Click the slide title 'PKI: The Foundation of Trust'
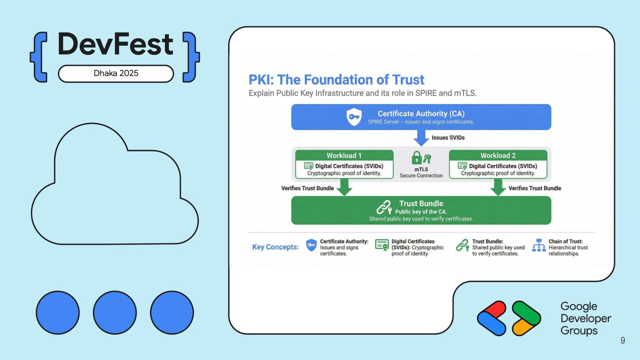click(x=336, y=80)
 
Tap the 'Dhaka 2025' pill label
click(x=116, y=73)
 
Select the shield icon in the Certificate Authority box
click(x=354, y=117)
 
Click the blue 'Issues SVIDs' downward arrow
click(x=421, y=138)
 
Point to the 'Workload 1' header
click(x=344, y=156)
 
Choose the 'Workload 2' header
click(x=498, y=156)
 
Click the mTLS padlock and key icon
click(x=421, y=158)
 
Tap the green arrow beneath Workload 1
click(x=344, y=187)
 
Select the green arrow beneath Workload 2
click(x=498, y=187)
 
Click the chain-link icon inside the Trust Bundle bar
click(x=384, y=208)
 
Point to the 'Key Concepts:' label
click(x=276, y=247)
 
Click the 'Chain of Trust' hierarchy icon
click(x=539, y=245)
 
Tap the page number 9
click(x=623, y=340)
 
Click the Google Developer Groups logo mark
click(x=509, y=318)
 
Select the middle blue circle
click(x=115, y=313)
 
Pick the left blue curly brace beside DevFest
click(x=39, y=57)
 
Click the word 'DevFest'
click(x=116, y=44)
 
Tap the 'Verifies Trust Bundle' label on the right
click(x=535, y=188)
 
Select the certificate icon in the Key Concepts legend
click(x=381, y=245)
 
